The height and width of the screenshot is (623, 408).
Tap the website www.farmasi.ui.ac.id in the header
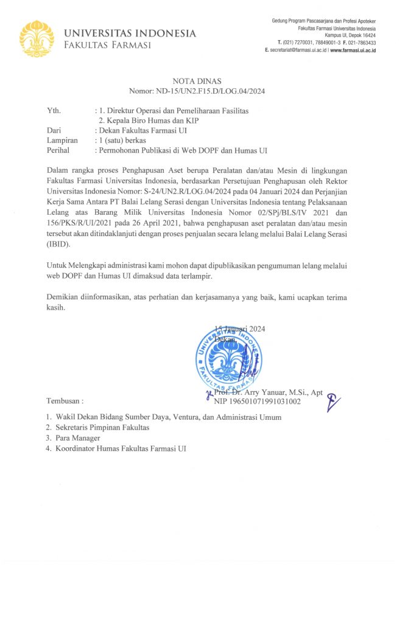(x=353, y=50)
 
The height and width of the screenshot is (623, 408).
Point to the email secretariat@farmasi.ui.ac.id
(x=297, y=50)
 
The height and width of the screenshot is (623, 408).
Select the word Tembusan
(x=64, y=402)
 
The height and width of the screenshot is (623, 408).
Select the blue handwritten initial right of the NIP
(x=333, y=400)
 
